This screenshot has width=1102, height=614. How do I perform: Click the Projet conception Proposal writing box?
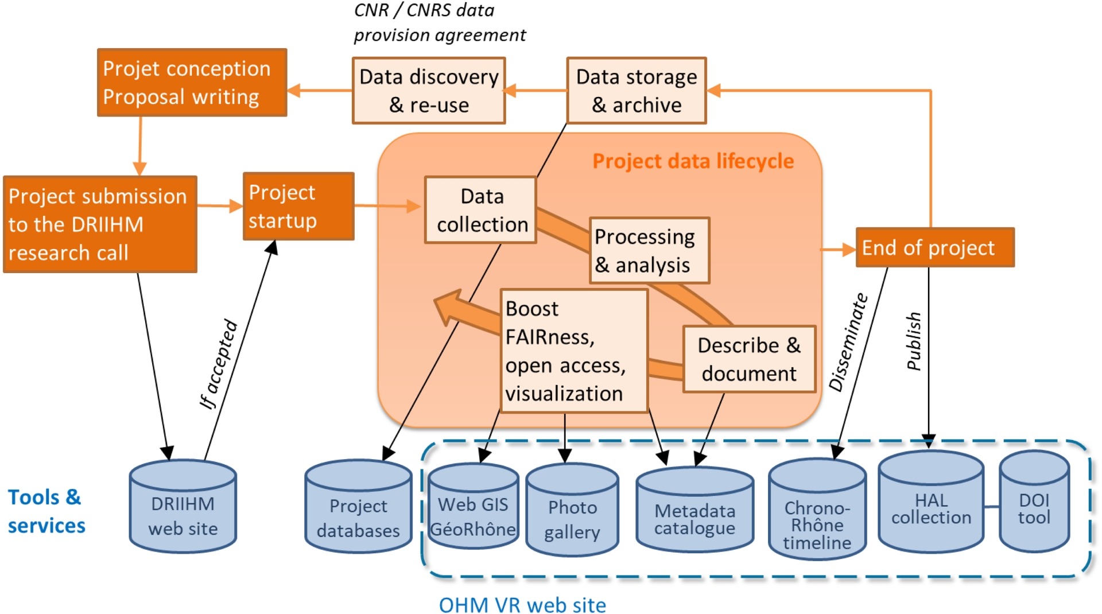pyautogui.click(x=192, y=83)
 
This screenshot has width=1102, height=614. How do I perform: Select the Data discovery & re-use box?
pyautogui.click(x=429, y=91)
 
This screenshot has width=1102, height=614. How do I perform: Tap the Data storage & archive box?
pyautogui.click(x=637, y=91)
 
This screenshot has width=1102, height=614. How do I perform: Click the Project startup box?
pyautogui.click(x=298, y=207)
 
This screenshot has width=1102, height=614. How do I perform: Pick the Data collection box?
pyautogui.click(x=481, y=210)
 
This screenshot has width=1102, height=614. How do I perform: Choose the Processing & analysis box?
pyautogui.click(x=650, y=251)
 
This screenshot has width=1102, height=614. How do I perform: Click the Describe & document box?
pyautogui.click(x=749, y=359)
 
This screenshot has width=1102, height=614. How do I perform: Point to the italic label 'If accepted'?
pyautogui.click(x=219, y=364)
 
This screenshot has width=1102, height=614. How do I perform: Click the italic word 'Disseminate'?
pyautogui.click(x=849, y=343)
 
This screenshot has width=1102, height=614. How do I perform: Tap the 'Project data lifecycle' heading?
pyautogui.click(x=693, y=162)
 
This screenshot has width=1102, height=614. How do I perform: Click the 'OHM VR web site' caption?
pyautogui.click(x=522, y=605)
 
